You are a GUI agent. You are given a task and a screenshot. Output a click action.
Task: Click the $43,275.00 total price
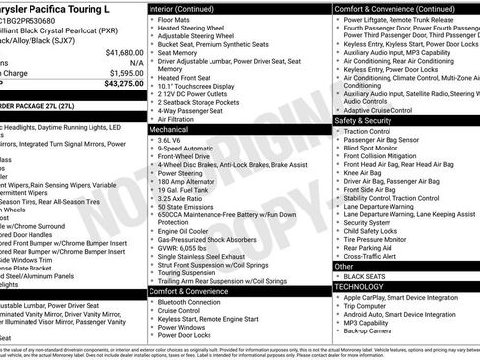pyautogui.click(x=118, y=84)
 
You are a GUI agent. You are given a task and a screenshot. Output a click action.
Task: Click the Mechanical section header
pyautogui.click(x=170, y=129)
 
